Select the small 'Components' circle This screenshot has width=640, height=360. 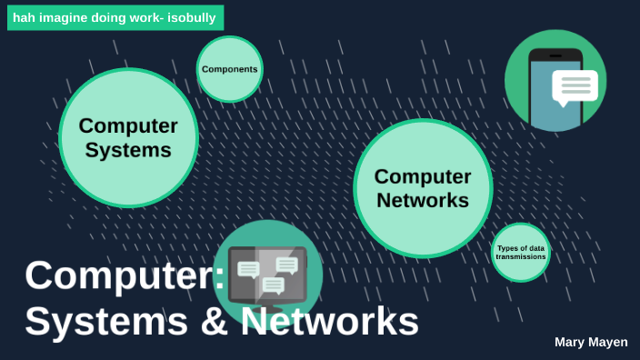coord(229,69)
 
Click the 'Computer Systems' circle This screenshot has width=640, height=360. coord(128,137)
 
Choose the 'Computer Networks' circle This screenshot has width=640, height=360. coord(423,188)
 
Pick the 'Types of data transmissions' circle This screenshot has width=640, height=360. coord(521,252)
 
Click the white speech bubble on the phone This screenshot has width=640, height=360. coord(575,86)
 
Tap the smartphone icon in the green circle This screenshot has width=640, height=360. coord(555,91)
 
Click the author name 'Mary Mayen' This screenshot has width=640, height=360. coord(591,342)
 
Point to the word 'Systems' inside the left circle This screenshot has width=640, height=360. coord(128,150)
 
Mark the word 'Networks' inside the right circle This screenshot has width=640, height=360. coord(423,200)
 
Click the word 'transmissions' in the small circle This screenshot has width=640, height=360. coord(521,257)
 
